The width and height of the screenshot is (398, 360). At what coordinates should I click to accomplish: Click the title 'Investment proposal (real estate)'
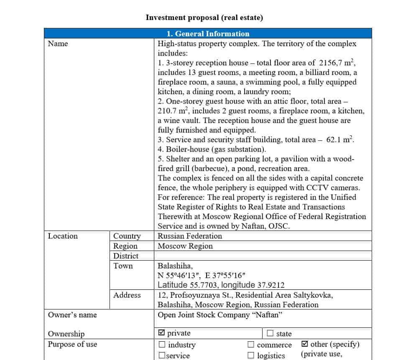pos(204,18)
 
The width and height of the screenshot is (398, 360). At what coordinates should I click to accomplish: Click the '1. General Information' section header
pos(208,34)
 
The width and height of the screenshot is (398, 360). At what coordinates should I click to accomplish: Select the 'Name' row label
pos(58,43)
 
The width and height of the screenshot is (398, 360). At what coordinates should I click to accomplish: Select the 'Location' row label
pos(63,236)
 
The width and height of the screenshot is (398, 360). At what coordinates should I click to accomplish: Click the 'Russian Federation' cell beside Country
pos(190,236)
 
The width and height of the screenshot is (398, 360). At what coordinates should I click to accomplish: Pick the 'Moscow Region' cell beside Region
pos(185,246)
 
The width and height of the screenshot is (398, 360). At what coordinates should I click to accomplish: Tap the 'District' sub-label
pos(126,256)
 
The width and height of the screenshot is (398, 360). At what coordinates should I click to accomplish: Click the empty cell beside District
pos(263,256)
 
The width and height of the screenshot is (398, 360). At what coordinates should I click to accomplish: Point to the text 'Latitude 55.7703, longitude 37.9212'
pos(221,285)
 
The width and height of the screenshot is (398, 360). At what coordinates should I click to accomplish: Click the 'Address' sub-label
pos(127,295)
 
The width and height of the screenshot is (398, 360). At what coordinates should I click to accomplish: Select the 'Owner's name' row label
pos(72,315)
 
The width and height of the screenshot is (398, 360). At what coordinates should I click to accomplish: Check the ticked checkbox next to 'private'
pos(162,333)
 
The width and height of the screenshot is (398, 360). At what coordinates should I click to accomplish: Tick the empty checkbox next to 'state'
pos(270,333)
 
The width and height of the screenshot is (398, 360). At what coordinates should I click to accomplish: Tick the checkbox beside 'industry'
pos(162,345)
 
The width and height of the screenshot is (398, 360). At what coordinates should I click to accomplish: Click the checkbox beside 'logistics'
pos(251,355)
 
